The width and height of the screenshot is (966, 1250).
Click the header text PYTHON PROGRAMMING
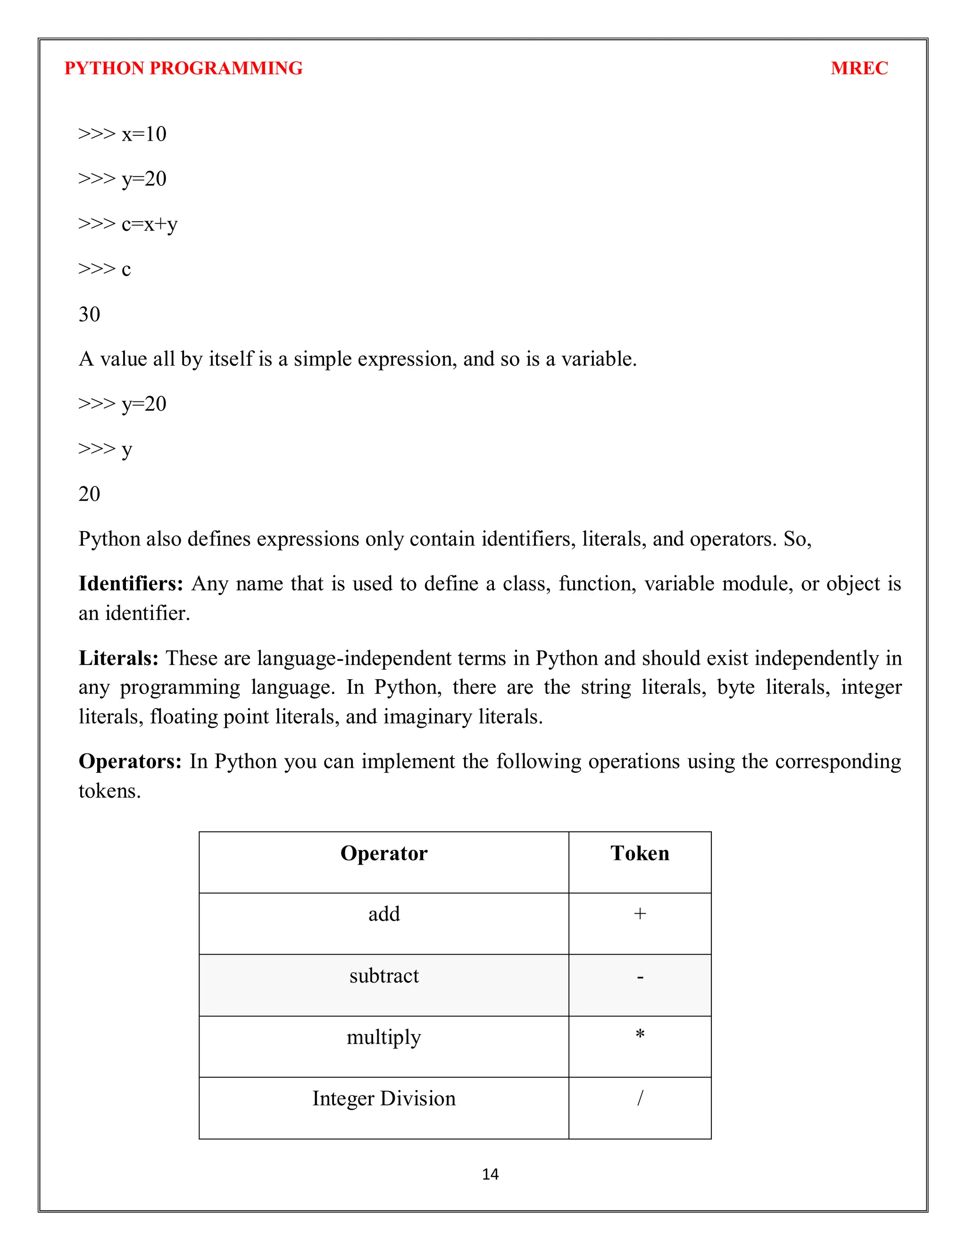183,68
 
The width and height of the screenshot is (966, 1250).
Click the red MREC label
858,68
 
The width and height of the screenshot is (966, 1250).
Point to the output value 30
89,314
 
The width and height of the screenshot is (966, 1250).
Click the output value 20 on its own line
89,494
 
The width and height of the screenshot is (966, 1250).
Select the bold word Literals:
118,658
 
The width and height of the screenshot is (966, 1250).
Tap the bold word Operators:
130,762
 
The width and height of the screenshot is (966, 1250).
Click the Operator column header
383,853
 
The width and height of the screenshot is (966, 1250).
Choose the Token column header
639,853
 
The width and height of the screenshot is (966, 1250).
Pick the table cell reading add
383,914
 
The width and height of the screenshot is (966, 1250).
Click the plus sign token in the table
640,914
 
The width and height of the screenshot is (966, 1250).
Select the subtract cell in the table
383,976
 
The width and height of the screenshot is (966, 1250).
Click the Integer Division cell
383,1098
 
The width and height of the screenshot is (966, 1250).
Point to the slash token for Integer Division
640,1098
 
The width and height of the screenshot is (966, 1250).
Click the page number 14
490,1175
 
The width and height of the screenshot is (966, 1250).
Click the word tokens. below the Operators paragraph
109,791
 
